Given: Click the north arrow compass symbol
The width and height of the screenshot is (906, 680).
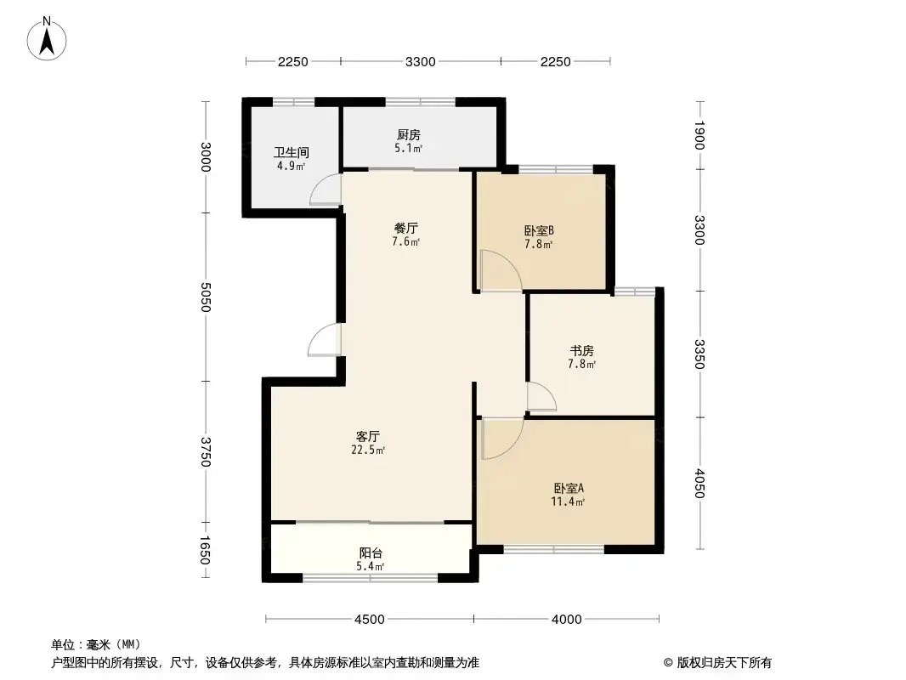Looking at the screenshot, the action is click(47, 39).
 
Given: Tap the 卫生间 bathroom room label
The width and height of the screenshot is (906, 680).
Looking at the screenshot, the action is click(292, 152).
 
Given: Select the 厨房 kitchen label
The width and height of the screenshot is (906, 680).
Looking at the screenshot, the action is click(409, 134).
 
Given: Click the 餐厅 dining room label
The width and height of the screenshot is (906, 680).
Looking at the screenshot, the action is click(405, 228).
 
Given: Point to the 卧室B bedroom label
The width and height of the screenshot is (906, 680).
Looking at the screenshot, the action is click(539, 230).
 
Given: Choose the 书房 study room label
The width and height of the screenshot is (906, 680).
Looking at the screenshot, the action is click(582, 351).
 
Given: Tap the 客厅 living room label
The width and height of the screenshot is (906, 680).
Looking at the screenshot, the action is click(367, 436).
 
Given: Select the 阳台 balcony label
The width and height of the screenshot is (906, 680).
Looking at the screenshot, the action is click(371, 552).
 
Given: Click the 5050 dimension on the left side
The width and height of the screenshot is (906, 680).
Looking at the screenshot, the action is click(205, 297).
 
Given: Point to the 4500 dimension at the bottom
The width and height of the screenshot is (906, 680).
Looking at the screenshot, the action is click(369, 620).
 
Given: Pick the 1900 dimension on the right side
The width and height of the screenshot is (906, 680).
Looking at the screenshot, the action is click(699, 135).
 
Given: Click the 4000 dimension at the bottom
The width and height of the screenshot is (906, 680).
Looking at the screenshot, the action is click(566, 620).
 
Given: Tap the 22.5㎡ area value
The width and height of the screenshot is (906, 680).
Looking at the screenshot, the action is click(367, 450).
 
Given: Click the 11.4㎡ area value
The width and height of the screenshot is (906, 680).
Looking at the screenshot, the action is click(568, 501).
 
